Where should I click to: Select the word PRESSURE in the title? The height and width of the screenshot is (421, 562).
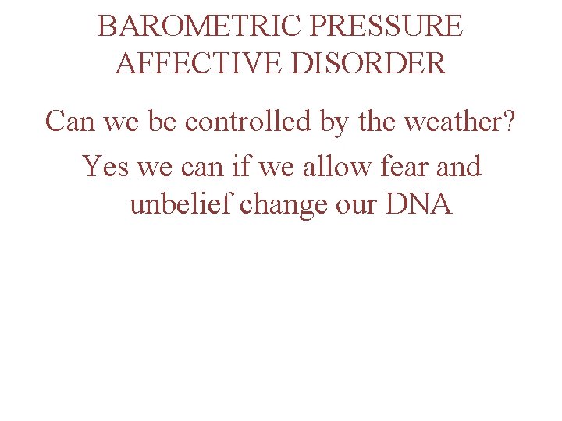[386, 27]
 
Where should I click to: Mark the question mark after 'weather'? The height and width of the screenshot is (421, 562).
[509, 122]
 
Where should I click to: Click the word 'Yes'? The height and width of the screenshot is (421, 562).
[104, 166]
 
